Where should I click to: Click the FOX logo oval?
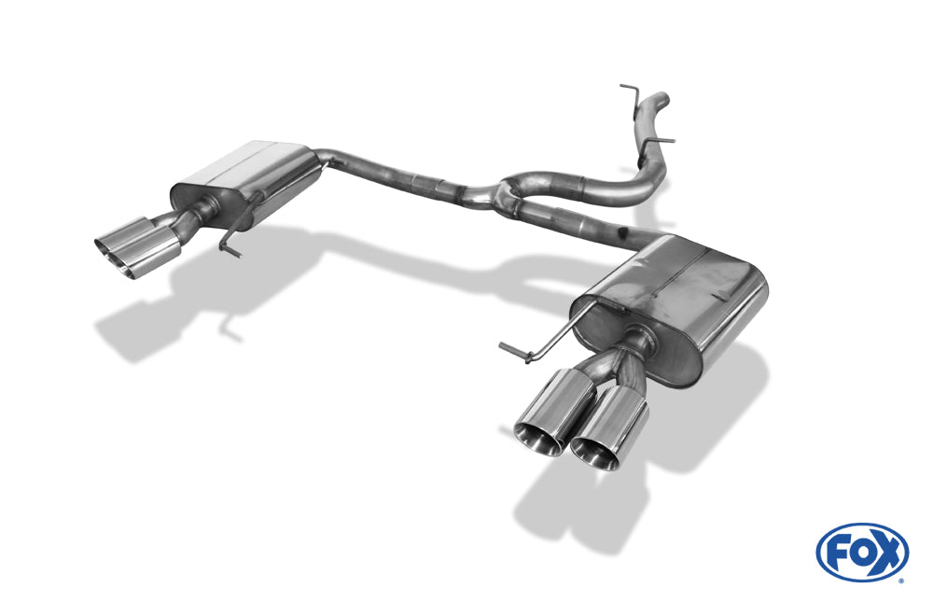[862, 552]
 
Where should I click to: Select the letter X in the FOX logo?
[886, 553]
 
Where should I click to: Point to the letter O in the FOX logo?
[862, 553]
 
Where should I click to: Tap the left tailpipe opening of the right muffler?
[539, 438]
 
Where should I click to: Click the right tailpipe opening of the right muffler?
[595, 454]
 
